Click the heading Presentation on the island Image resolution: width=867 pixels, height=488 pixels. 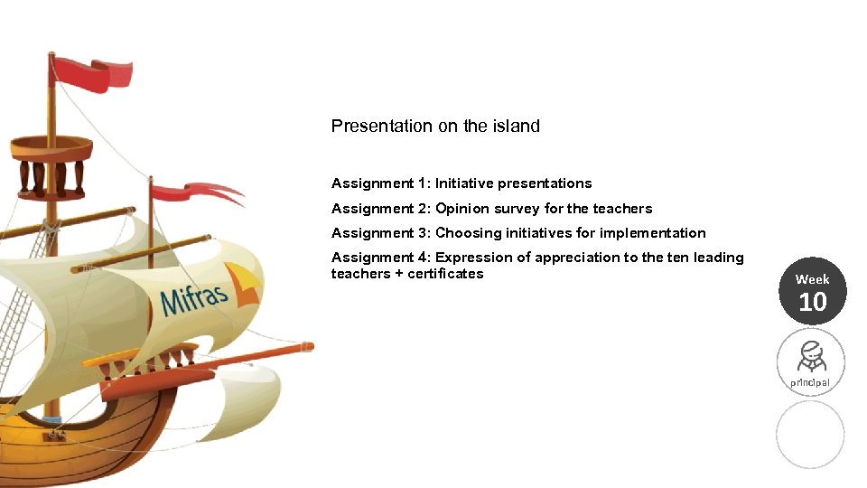435,127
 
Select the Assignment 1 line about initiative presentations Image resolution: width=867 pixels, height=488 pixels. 461,183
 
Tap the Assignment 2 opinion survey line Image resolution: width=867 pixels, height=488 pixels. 491,209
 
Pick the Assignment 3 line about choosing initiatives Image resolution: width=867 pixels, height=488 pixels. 518,233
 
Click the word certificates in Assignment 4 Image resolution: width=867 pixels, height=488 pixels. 445,274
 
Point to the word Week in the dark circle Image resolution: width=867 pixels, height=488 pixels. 812,279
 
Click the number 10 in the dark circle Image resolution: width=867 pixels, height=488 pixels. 812,303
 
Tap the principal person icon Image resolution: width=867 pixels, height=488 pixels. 810,356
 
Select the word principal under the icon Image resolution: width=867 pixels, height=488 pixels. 810,382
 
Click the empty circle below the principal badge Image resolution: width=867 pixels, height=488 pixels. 810,435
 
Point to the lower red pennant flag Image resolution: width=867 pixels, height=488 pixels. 194,192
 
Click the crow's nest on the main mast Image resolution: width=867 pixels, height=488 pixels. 51,163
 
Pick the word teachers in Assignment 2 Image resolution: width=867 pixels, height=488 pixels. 622,209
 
